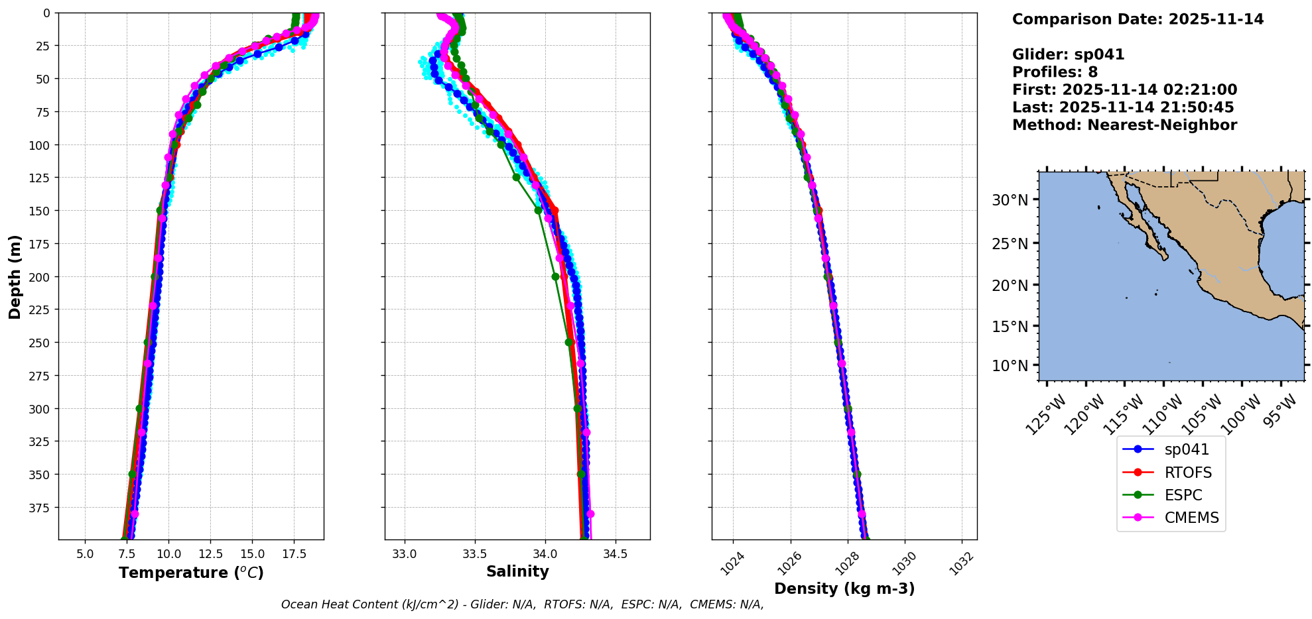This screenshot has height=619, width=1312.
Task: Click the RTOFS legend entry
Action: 1187,473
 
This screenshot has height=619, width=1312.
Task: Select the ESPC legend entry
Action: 1183,495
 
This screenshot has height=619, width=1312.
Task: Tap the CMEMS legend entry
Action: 1191,518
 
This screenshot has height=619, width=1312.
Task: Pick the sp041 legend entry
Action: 1186,449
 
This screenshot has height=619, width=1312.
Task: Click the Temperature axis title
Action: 191,573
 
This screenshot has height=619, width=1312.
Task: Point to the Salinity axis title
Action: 517,571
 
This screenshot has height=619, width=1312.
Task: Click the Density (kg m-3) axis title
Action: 844,589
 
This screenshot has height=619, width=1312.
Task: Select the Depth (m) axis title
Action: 15,276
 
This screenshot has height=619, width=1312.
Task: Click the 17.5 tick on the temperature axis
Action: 293,554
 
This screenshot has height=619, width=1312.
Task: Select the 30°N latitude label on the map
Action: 1010,200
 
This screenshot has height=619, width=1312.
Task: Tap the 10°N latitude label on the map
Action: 1010,366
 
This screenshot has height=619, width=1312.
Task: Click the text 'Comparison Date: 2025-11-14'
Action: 1138,19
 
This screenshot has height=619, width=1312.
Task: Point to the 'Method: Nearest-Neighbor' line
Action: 1124,125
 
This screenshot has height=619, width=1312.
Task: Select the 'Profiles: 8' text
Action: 1055,72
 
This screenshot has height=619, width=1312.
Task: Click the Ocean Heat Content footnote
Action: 522,604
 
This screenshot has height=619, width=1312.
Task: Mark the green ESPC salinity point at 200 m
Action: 555,276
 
